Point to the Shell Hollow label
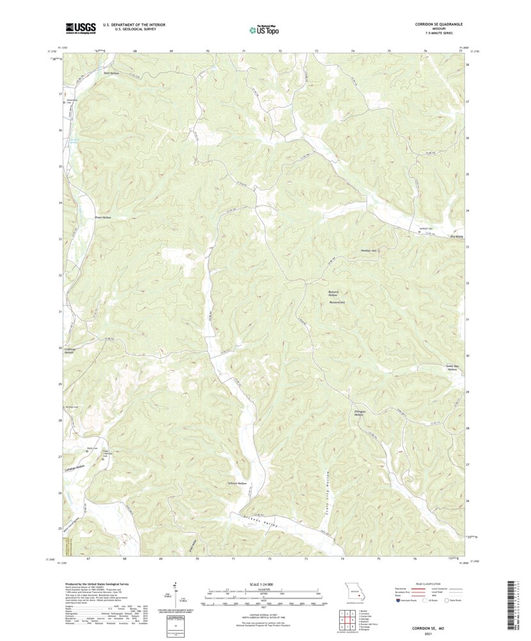pos(111,74)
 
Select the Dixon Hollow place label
pos(103,218)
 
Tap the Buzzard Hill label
pos(337,302)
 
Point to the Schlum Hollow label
pos(237,483)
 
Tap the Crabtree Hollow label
pos(70,351)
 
